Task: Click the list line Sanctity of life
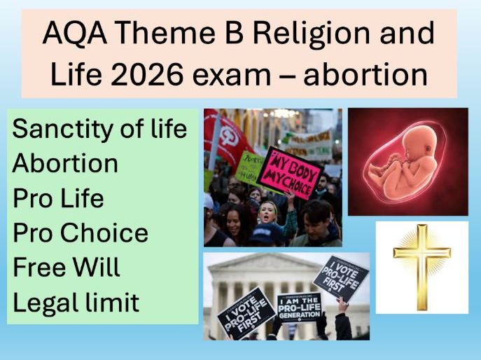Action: coord(100,129)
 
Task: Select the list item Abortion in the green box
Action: coord(65,163)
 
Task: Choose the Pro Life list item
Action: coord(58,198)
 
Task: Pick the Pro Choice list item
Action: coord(81,233)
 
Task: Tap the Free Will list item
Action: coord(67,268)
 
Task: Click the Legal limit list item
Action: coord(76,303)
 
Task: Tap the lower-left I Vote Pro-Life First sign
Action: coord(246,314)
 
